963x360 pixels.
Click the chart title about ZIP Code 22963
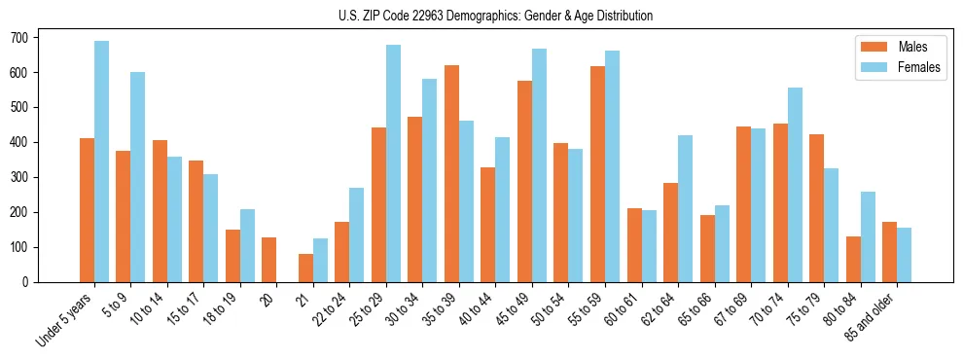[x=481, y=17]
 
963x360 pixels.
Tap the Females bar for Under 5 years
[x=101, y=162]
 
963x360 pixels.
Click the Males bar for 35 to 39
[x=451, y=174]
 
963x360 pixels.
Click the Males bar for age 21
[x=305, y=268]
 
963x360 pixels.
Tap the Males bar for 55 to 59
[x=597, y=174]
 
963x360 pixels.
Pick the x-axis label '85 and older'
[x=871, y=316]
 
